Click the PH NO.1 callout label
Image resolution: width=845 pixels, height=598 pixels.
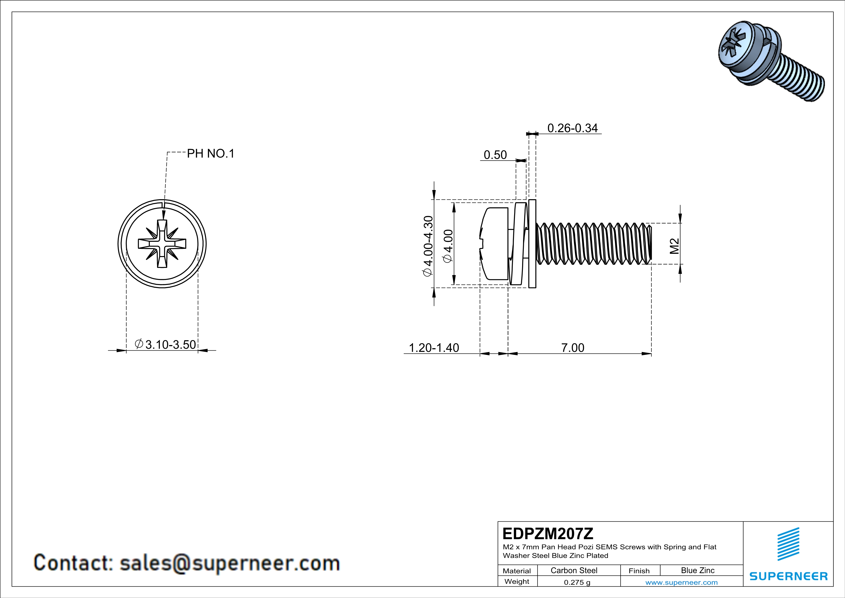211,154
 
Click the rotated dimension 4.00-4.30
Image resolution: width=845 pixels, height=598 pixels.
428,246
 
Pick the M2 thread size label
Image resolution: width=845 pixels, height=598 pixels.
674,246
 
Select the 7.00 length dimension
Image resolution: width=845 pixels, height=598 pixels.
573,348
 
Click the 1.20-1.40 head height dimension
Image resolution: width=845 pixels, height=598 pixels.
434,348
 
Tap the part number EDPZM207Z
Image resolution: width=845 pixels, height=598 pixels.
548,534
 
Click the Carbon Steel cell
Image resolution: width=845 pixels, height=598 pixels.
574,570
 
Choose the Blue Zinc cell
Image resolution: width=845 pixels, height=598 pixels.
697,570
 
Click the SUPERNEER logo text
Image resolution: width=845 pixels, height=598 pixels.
788,576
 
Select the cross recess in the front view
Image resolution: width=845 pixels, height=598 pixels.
162,244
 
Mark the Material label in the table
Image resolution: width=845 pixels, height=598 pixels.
517,571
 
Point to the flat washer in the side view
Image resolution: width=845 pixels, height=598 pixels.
532,244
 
